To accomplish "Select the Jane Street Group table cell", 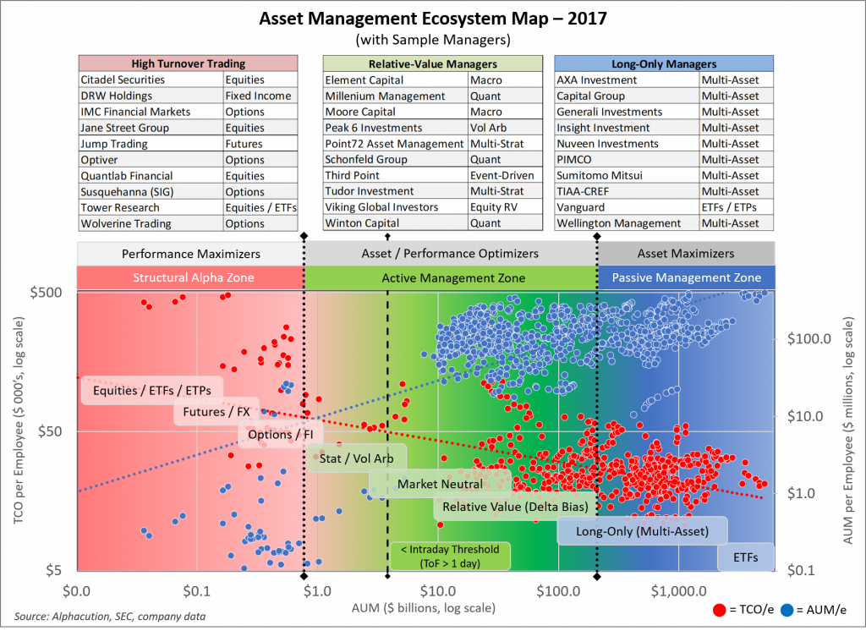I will click(124, 128).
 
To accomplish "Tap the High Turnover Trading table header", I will click(188, 63).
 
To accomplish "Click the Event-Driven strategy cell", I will click(504, 175).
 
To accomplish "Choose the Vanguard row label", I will click(580, 207).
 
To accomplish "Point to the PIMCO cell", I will click(575, 159).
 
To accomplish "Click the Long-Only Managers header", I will click(663, 63).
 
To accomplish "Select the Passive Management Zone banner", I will click(686, 278).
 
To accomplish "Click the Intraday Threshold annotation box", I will click(449, 556).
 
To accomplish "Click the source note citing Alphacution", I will click(109, 617).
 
